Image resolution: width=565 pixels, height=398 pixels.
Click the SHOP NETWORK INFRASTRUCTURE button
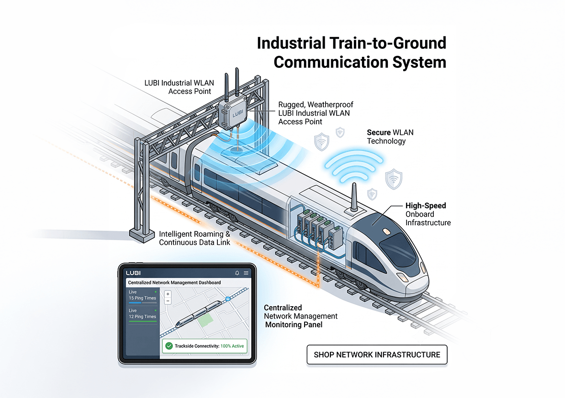[x=377, y=355]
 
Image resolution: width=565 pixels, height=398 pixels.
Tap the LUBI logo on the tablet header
[x=133, y=273]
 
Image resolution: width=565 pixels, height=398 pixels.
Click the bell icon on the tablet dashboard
[x=237, y=273]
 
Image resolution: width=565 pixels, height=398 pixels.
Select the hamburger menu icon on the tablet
[x=246, y=273]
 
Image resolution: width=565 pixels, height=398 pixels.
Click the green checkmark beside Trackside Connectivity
[x=169, y=346]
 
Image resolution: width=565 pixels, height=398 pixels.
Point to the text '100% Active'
[x=232, y=346]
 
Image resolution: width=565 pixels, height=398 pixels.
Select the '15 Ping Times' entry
[x=143, y=298]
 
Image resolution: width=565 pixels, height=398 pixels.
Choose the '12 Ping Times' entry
[x=143, y=317]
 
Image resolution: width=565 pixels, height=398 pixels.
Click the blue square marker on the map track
[x=228, y=298]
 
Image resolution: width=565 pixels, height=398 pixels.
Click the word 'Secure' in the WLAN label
[x=379, y=133]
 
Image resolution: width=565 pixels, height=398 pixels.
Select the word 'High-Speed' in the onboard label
[x=426, y=206]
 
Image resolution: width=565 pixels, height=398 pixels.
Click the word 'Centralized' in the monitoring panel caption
[x=283, y=308]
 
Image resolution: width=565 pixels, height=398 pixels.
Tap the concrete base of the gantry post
[x=142, y=236]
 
